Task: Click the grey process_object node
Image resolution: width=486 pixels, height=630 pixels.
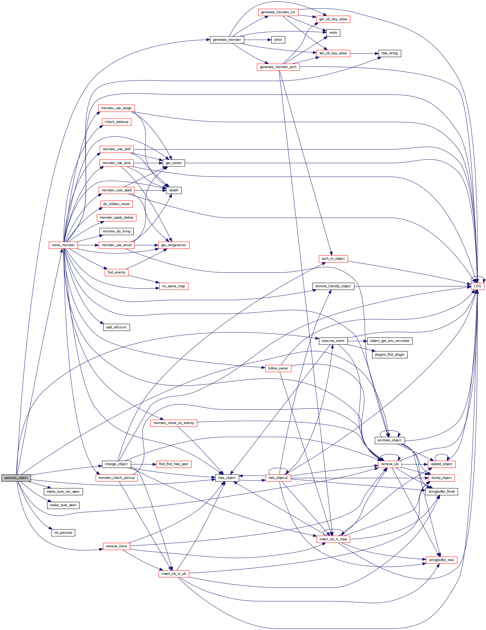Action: pyautogui.click(x=16, y=478)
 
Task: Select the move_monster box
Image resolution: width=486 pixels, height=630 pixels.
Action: pyautogui.click(x=63, y=245)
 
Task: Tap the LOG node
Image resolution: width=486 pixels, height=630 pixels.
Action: pyautogui.click(x=477, y=286)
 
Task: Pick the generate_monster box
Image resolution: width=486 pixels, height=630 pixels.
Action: pyautogui.click(x=227, y=39)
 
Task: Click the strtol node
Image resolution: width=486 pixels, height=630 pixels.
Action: pyautogui.click(x=278, y=39)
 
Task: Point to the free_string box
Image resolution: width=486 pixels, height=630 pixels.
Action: pyautogui.click(x=389, y=53)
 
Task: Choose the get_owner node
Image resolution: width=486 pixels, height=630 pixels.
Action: pyautogui.click(x=174, y=163)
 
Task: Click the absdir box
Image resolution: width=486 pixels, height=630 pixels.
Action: pyautogui.click(x=174, y=190)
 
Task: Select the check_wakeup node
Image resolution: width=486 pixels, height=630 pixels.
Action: pyautogui.click(x=116, y=122)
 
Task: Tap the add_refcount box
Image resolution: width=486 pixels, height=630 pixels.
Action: pyautogui.click(x=116, y=327)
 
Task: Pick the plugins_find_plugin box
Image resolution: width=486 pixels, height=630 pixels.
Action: pyautogui.click(x=389, y=354)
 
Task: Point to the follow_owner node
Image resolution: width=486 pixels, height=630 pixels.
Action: pyautogui.click(x=278, y=368)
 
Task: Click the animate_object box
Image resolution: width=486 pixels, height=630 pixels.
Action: pyautogui.click(x=389, y=440)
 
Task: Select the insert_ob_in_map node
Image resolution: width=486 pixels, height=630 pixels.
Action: pyautogui.click(x=333, y=539)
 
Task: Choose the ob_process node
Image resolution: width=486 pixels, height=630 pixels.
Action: pyautogui.click(x=63, y=532)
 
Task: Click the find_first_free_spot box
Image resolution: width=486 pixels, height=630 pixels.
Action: pyautogui.click(x=174, y=464)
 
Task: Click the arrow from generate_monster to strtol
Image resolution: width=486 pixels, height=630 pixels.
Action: pyautogui.click(x=258, y=39)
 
